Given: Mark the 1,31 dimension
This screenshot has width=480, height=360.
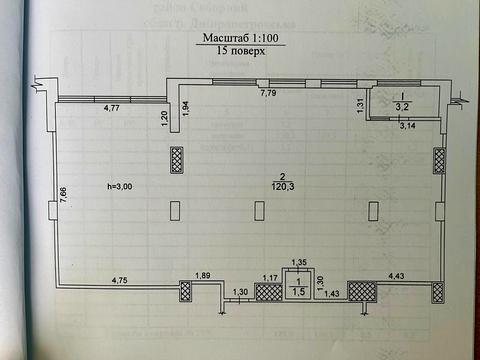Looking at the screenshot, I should (x=359, y=103).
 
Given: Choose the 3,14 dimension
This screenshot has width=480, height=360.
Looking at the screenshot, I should (x=407, y=126).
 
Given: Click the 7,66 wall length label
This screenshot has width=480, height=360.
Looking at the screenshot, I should (x=62, y=197).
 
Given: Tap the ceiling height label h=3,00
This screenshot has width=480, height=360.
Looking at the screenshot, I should (x=120, y=187).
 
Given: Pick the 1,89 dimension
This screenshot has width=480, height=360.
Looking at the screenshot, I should (x=203, y=276).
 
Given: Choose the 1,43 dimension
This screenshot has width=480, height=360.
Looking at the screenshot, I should (x=331, y=293).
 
